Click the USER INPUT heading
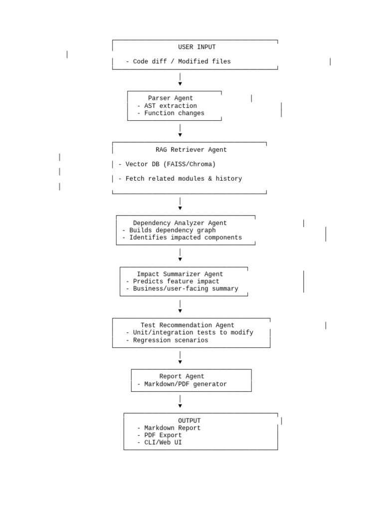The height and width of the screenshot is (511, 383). pos(196,47)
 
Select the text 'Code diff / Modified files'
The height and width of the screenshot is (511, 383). pos(182,61)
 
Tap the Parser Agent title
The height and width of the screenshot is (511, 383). pos(171,98)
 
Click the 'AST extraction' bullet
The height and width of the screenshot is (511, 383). pos(171,106)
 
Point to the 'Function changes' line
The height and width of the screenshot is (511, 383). pos(174,113)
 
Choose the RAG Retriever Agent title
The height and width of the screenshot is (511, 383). pos(191,150)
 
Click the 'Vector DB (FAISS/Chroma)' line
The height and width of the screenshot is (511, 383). pos(171,164)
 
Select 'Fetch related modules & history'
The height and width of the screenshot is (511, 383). pos(184,179)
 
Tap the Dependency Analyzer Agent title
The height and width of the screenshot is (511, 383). pos(180,223)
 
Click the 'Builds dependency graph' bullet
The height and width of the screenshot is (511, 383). pos(172,230)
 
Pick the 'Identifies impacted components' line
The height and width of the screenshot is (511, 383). pos(186,238)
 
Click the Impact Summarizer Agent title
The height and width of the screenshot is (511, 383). pos(180,274)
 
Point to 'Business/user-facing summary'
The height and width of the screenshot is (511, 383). pos(186,289)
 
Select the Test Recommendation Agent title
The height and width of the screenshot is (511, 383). pos(188,325)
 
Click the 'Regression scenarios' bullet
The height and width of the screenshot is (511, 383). pos(171,340)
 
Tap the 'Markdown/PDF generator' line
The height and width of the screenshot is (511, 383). pos(186,384)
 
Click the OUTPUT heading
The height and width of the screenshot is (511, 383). pos(189,421)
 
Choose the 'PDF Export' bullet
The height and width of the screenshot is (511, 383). pos(163,435)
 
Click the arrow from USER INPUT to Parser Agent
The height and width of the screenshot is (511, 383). pos(180,79)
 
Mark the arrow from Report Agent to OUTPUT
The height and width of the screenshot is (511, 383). pos(180,402)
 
